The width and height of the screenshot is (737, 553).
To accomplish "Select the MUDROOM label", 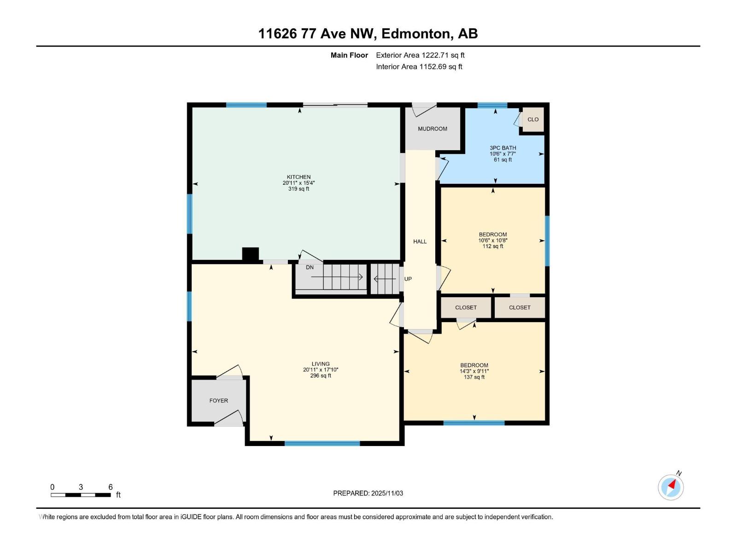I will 433,129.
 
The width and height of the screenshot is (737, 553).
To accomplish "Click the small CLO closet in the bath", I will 533,119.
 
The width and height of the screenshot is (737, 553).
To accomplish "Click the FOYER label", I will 218,400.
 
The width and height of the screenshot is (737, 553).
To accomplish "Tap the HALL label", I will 420,241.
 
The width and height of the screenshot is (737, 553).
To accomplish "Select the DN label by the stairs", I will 310,267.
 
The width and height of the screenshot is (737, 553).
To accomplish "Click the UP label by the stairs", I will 408,279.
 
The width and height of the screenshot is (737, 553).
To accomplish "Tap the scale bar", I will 81,495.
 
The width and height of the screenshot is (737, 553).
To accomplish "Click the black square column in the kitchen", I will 251,254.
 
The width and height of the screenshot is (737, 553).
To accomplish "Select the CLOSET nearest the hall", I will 466,307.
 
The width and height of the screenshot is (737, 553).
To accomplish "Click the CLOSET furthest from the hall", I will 520,307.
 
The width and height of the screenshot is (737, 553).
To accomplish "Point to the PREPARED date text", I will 368,493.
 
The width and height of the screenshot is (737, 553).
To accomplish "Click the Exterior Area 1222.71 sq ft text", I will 420,55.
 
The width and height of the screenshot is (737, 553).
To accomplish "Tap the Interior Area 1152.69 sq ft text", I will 419,67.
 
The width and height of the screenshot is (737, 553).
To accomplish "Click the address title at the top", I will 368,34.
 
